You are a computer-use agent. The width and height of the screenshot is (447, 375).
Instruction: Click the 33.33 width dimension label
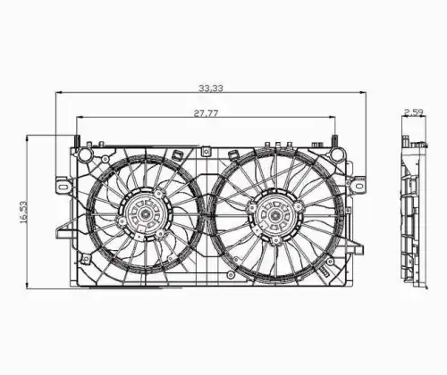(x=211, y=88)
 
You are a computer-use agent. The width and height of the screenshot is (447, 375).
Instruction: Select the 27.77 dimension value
(x=207, y=113)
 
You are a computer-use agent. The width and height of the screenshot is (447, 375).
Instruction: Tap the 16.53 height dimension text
(x=23, y=212)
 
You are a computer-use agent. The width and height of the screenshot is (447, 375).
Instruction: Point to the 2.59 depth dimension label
(x=414, y=112)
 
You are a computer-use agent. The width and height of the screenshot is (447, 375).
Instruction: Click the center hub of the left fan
(x=145, y=213)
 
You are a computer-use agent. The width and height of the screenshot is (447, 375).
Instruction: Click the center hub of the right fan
(x=274, y=214)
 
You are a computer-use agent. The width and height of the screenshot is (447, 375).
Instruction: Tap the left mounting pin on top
(x=77, y=141)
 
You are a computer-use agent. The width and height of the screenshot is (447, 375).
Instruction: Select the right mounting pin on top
(x=335, y=141)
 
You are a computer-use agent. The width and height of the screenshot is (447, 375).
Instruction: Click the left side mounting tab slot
(x=64, y=187)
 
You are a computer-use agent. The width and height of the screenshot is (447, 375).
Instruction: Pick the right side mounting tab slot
(x=359, y=186)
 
